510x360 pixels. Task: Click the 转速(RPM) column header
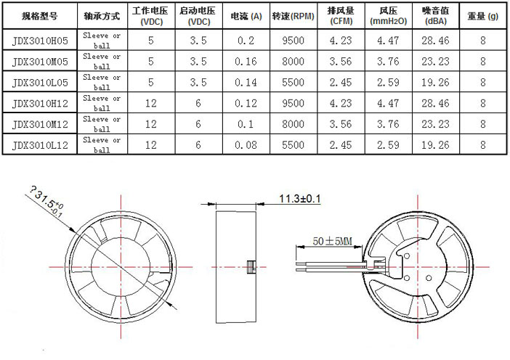tap(292, 15)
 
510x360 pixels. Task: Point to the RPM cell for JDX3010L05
tap(292, 83)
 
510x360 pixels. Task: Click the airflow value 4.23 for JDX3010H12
tap(341, 103)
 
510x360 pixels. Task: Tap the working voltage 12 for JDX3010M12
tap(151, 124)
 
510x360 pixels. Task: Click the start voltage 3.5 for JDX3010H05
tap(198, 41)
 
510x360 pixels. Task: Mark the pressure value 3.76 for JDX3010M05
tap(389, 62)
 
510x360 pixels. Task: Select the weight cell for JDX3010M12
tap(482, 124)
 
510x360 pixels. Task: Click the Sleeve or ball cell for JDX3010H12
tap(102, 103)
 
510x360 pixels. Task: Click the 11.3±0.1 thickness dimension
tap(299, 198)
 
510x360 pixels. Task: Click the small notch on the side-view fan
tap(250, 266)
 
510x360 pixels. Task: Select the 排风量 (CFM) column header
tap(341, 15)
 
